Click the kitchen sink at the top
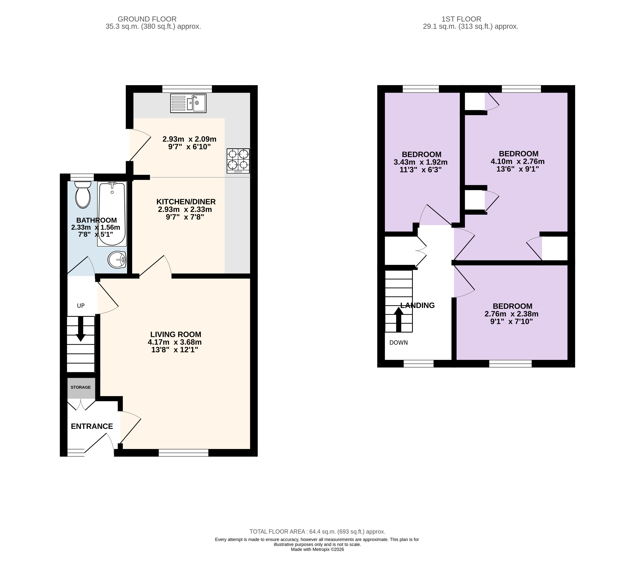(x=188, y=103)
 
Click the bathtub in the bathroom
(x=112, y=214)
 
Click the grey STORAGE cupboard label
(x=80, y=387)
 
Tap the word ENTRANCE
(x=92, y=426)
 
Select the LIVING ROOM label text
(x=176, y=334)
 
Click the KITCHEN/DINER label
(x=186, y=201)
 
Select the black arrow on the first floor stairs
(x=398, y=320)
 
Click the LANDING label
(x=417, y=305)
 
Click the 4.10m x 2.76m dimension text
(x=518, y=161)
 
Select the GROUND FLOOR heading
(x=147, y=19)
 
